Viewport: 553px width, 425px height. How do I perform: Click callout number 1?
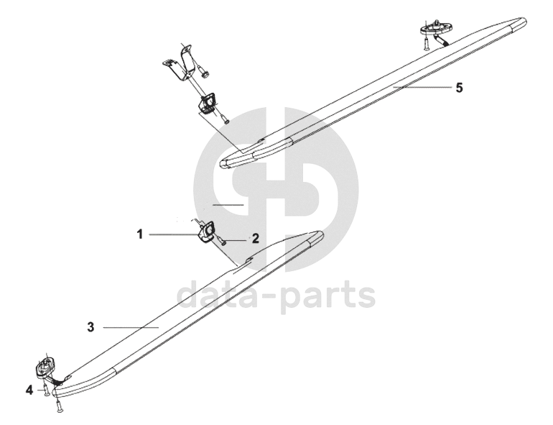point(141,234)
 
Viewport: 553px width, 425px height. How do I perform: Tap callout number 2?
point(254,237)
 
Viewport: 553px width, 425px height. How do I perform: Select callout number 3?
point(90,327)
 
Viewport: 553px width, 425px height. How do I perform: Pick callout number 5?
point(459,87)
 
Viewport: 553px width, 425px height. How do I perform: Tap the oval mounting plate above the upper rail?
point(434,30)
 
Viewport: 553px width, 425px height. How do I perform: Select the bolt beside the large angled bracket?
point(205,72)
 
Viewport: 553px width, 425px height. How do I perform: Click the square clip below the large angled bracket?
point(208,104)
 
